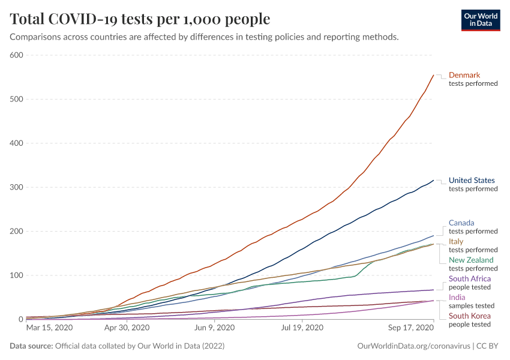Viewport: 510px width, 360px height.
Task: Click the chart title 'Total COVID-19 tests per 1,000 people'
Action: (140, 19)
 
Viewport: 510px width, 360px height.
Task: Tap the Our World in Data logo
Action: (480, 19)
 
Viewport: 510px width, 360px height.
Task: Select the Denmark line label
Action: (464, 75)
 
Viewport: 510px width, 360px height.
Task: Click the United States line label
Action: (472, 180)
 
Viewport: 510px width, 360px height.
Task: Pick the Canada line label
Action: (461, 223)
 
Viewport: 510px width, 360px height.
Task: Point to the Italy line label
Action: (456, 241)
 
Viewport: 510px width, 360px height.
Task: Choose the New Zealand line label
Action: (471, 260)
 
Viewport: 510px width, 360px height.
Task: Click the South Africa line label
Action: (470, 278)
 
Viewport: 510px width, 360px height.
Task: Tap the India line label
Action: (457, 297)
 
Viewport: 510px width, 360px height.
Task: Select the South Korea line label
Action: (470, 316)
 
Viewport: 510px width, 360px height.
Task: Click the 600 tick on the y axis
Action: (16, 55)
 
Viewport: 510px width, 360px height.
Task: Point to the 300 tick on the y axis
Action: (16, 187)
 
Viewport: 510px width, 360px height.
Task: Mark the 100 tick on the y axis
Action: (16, 275)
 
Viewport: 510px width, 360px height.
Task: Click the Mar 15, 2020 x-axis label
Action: (49, 328)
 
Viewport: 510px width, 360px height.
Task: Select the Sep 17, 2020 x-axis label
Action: (410, 328)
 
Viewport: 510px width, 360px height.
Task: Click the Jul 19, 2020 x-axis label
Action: (303, 328)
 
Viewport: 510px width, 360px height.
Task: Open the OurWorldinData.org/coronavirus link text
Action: (412, 346)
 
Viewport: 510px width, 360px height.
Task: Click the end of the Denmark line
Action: (433, 75)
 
